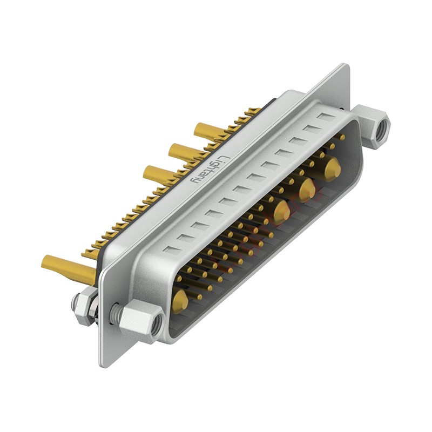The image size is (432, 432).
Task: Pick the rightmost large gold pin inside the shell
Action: pos(332,168)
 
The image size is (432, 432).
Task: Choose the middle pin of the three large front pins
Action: pos(307,189)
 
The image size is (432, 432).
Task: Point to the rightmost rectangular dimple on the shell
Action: pos(326,117)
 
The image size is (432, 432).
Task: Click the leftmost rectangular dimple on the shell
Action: pos(171,249)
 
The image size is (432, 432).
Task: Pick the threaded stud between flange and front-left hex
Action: pos(114,313)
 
